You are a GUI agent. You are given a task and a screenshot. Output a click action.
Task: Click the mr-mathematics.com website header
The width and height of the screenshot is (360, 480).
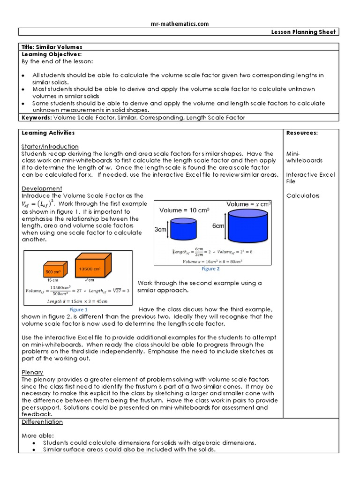point(180,24)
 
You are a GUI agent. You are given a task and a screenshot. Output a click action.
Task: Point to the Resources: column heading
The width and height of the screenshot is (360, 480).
point(302,133)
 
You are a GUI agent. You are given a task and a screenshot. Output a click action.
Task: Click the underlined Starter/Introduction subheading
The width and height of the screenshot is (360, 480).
point(50,147)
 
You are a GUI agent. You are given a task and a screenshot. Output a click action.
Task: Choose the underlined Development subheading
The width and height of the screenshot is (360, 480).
point(42,188)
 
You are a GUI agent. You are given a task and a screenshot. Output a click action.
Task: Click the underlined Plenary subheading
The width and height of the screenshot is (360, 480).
point(32,372)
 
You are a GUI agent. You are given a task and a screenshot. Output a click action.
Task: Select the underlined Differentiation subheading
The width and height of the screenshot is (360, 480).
point(42,422)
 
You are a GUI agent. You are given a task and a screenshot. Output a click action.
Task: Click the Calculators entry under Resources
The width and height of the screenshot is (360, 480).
point(303,195)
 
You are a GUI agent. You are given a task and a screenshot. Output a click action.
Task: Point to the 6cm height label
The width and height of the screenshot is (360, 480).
point(218,226)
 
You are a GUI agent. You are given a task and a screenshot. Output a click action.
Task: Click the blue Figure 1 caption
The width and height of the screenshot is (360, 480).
point(78,310)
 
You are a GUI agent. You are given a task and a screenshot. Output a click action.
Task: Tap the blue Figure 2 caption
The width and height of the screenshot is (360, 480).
point(210,269)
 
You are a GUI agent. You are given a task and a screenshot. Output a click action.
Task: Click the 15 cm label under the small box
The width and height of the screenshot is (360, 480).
point(52,280)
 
